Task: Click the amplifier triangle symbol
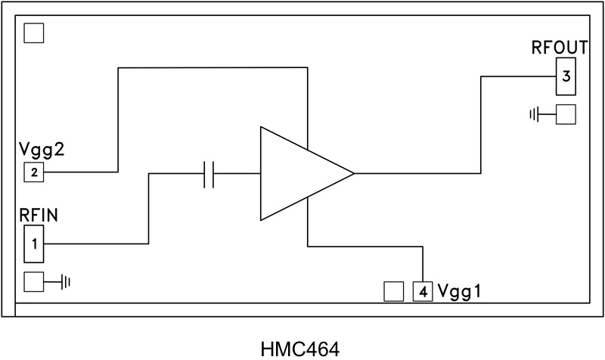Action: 299,174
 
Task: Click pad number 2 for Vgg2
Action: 34,172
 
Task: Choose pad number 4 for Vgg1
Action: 423,291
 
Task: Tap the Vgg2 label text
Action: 42,149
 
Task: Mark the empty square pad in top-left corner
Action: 34,33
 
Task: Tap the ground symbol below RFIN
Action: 67,282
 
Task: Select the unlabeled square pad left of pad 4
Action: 393,291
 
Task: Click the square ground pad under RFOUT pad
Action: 566,114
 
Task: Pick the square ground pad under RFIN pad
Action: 34,282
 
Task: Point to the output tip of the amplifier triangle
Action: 354,174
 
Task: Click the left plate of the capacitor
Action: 206,174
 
